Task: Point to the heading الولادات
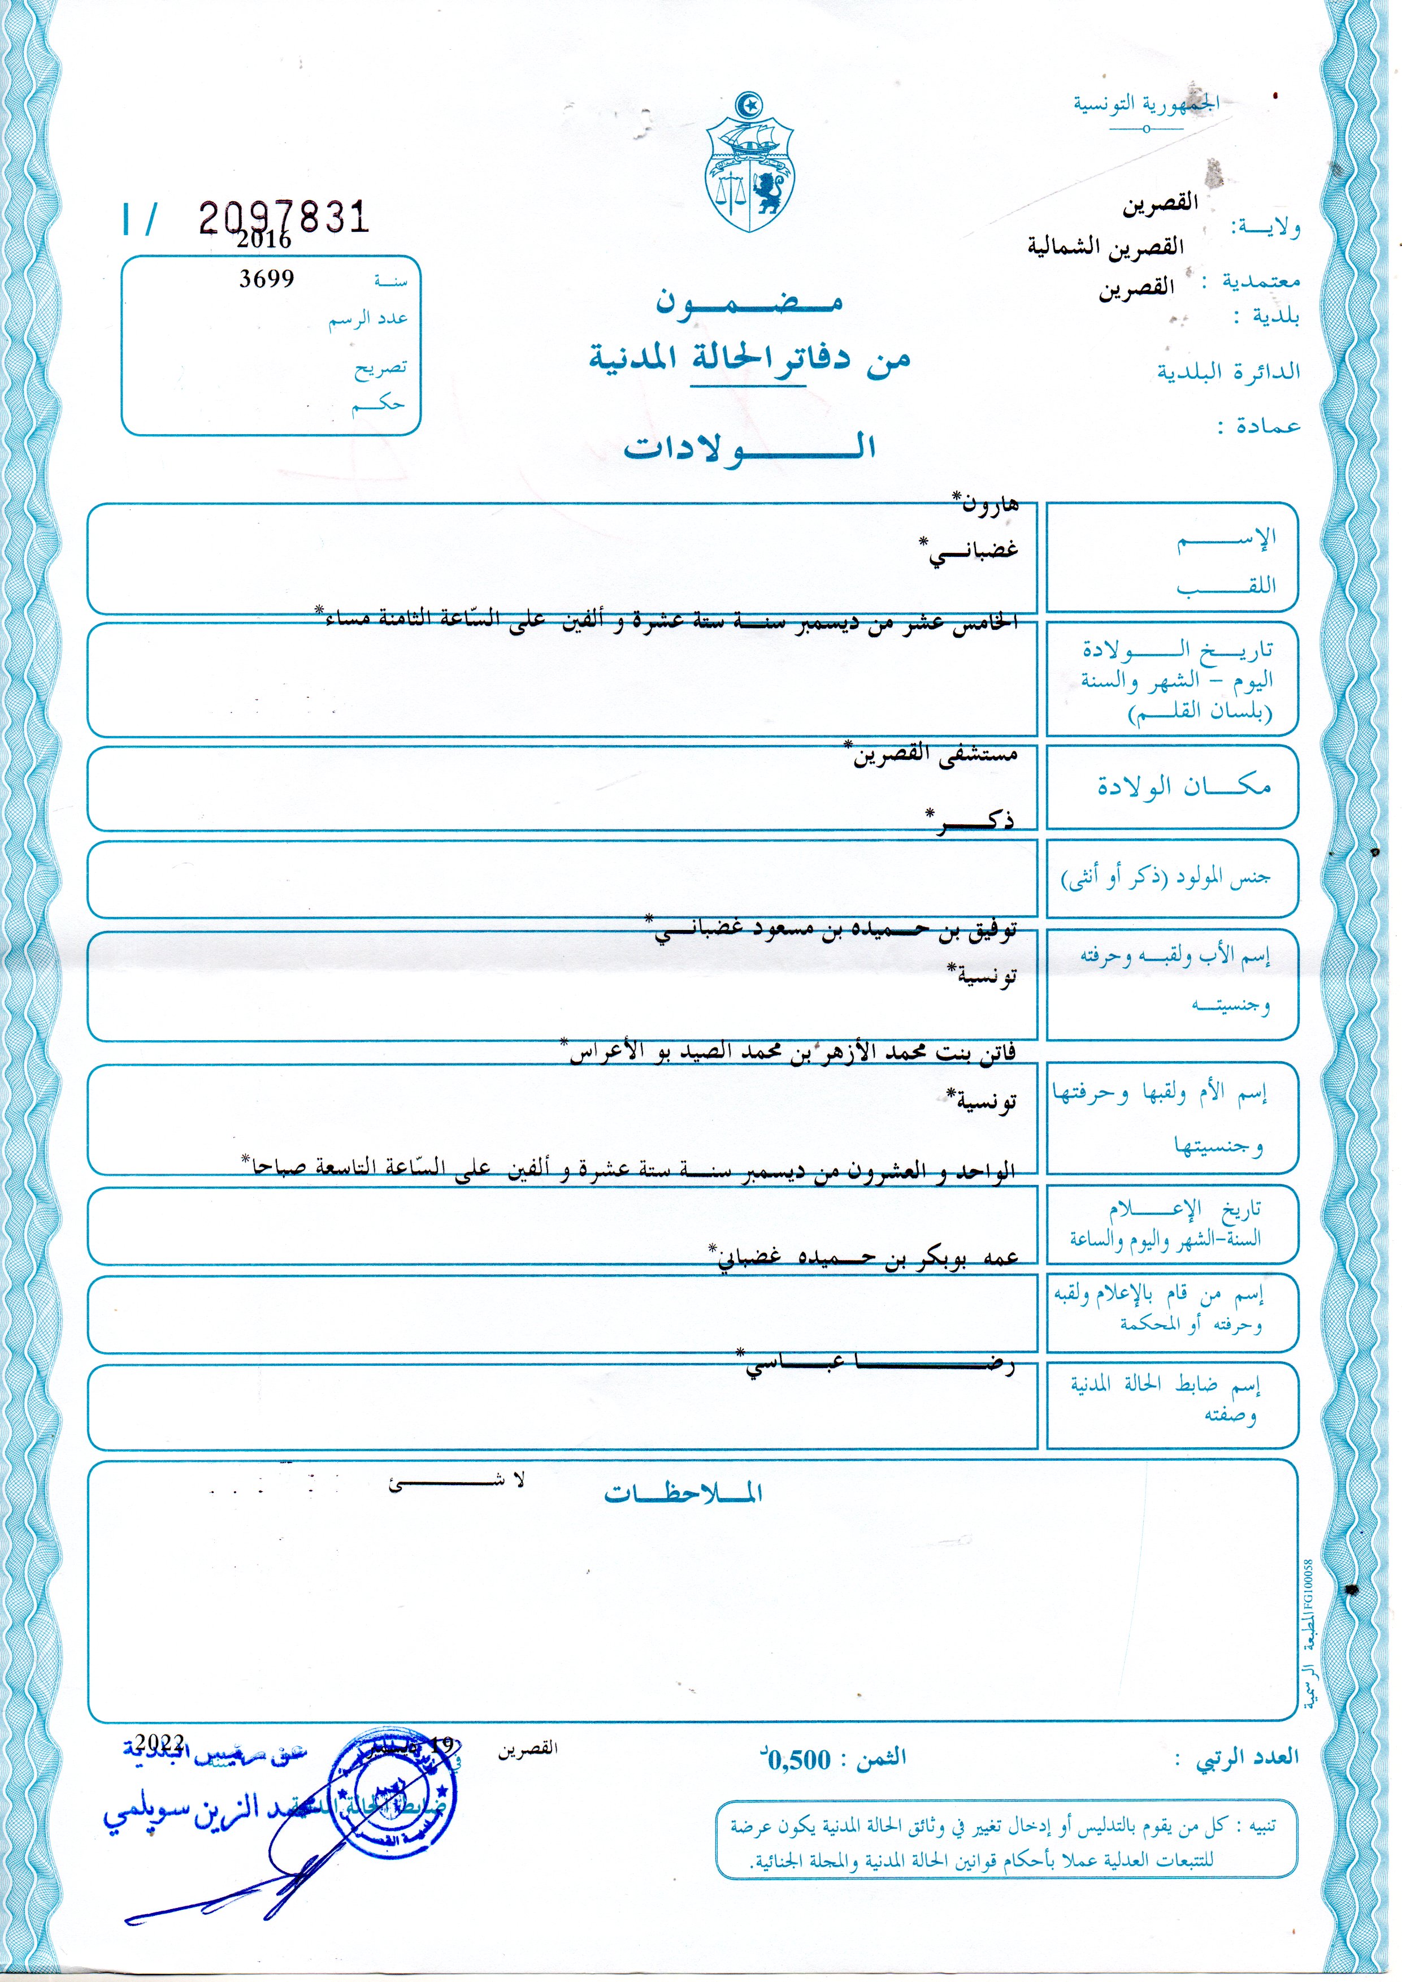749,447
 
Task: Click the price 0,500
800,1759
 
